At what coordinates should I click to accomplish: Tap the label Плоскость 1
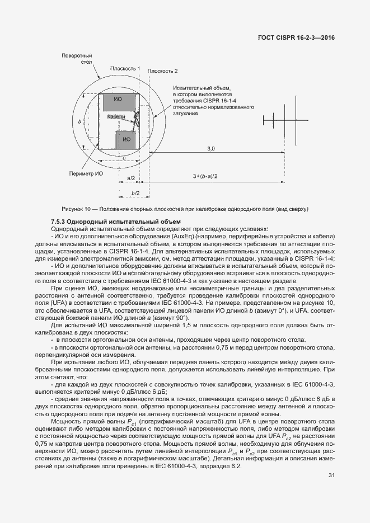click(125, 68)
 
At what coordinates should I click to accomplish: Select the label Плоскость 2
click(162, 72)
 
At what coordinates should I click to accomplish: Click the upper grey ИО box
click(118, 102)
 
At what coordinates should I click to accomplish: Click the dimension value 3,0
click(211, 148)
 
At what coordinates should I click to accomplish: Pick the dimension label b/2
click(134, 192)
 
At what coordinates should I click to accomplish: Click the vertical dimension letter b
click(80, 121)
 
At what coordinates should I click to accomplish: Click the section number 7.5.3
click(59, 222)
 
